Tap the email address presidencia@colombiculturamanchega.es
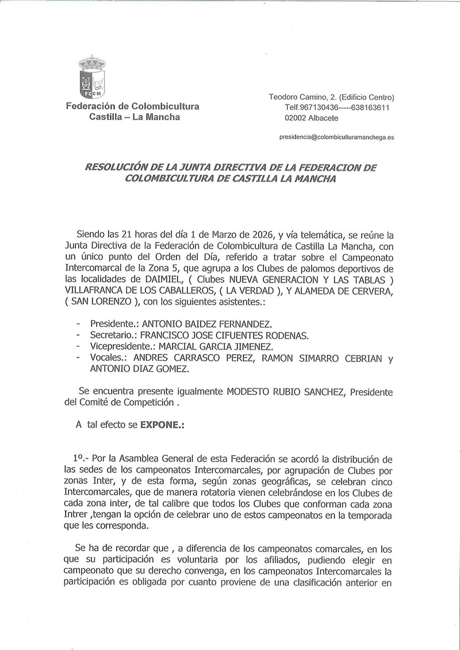coord(336,138)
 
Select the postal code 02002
coord(296,118)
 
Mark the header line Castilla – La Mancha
coord(135,117)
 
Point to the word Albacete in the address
coord(324,118)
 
